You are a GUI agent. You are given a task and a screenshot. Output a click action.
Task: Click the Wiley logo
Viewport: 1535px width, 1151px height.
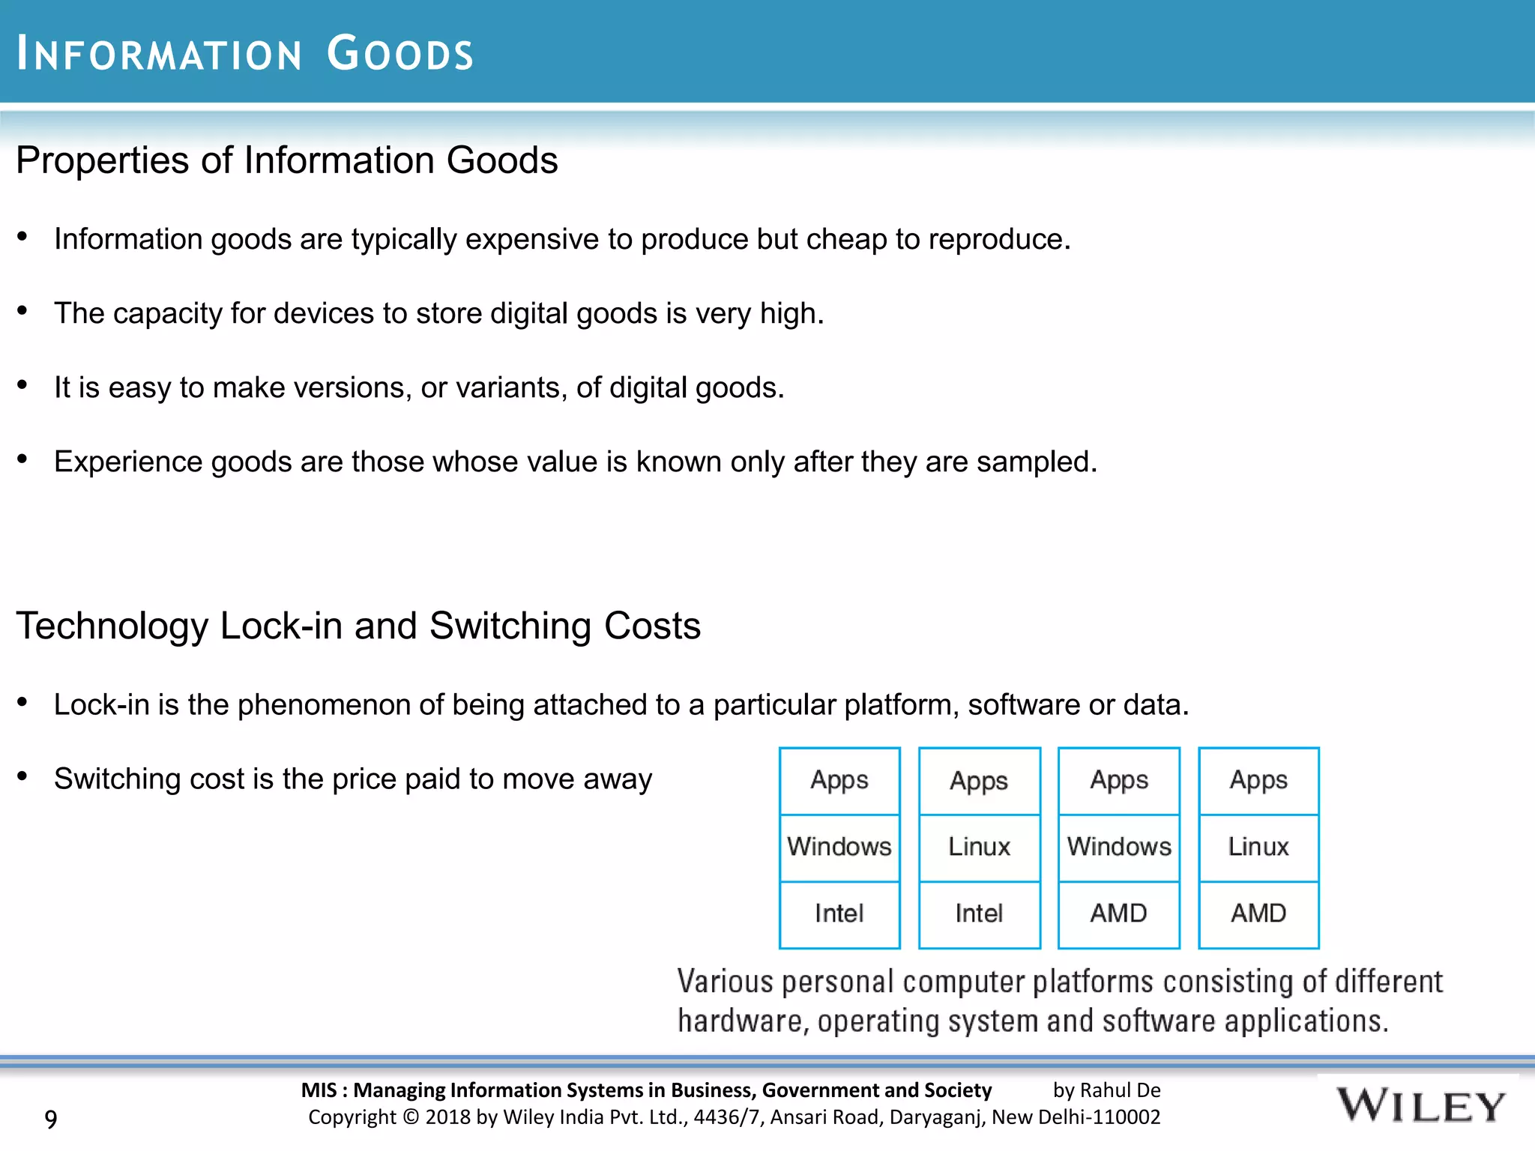[x=1420, y=1106]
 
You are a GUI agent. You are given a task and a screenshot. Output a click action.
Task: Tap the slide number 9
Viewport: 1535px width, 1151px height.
[x=51, y=1119]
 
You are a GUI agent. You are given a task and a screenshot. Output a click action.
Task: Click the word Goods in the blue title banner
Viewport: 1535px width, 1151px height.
[x=400, y=54]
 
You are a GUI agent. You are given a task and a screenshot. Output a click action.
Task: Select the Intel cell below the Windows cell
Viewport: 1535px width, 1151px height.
[x=839, y=913]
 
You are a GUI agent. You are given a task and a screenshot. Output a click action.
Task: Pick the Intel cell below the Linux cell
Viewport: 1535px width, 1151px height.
[x=979, y=913]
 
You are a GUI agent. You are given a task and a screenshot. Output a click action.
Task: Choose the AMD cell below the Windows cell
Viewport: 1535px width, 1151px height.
[x=1118, y=913]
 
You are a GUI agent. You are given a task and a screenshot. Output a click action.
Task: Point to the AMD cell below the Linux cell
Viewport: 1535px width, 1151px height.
[x=1258, y=913]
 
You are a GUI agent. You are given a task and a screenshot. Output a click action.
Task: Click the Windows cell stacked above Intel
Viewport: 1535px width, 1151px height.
[x=839, y=847]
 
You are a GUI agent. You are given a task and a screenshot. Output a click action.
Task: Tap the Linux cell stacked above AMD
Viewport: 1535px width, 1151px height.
[x=1258, y=847]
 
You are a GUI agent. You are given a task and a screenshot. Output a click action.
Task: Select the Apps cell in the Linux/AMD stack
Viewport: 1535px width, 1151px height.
[x=1258, y=780]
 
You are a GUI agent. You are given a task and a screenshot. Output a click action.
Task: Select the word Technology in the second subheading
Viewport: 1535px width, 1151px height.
[x=112, y=626]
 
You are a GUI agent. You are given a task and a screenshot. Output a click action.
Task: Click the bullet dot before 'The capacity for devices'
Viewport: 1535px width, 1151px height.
[x=22, y=310]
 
